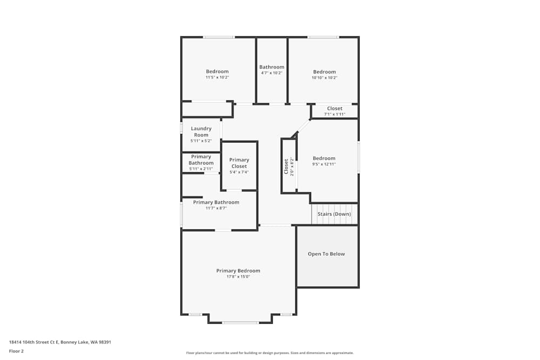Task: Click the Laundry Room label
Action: tap(201, 132)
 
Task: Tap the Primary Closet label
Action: tap(239, 163)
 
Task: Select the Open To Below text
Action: tap(326, 254)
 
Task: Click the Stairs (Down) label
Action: tap(334, 214)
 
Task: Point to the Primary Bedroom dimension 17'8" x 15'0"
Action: tap(238, 277)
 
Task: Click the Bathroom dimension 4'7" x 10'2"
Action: tap(272, 73)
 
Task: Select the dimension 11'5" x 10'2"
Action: tap(217, 77)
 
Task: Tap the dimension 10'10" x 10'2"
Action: tap(325, 77)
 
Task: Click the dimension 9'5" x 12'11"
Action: tap(324, 164)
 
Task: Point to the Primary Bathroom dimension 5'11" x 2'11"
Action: tap(201, 169)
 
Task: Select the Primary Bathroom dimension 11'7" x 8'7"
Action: tap(216, 208)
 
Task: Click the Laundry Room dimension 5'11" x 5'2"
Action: tap(201, 141)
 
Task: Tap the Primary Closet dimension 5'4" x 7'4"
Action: tap(239, 172)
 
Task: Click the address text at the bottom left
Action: tap(60, 342)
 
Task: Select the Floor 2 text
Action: tap(16, 351)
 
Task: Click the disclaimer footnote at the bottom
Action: tap(270, 353)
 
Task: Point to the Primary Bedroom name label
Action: tap(238, 271)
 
